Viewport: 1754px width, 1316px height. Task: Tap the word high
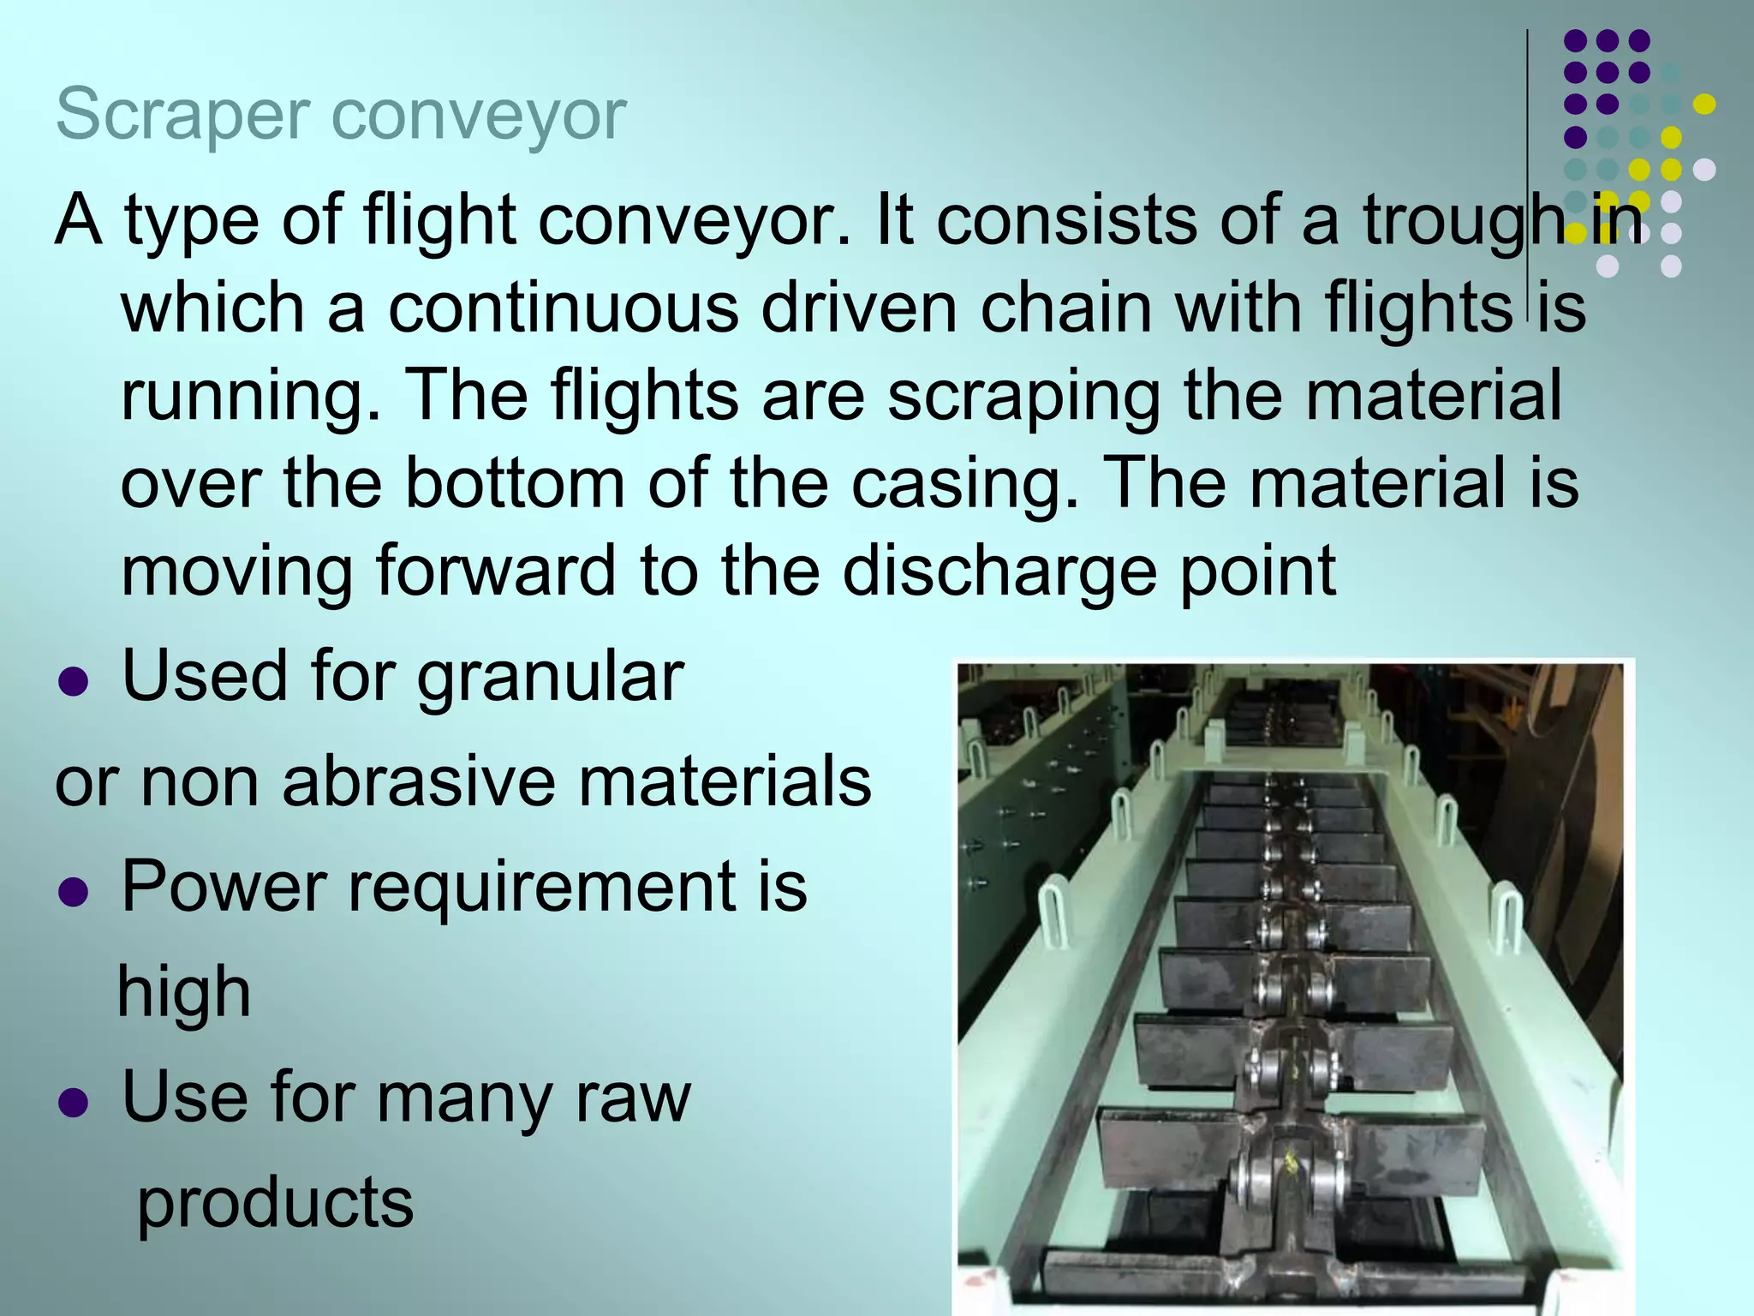184,993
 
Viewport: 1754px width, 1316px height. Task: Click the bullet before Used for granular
74,682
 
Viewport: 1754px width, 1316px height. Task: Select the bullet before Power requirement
74,893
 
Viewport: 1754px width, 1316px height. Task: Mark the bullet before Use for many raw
74,1104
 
